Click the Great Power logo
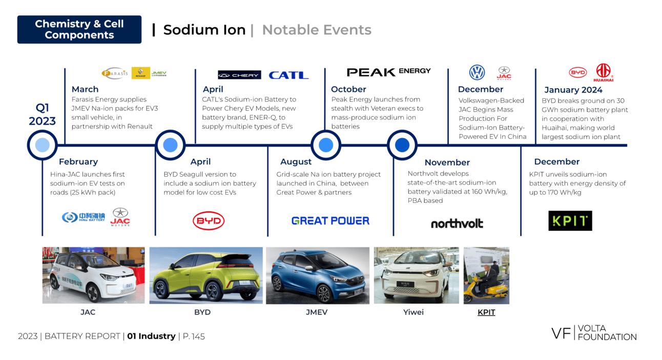click(x=330, y=221)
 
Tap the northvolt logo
click(x=457, y=224)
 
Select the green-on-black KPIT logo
click(x=570, y=221)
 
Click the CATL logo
click(x=289, y=75)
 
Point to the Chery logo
click(x=239, y=75)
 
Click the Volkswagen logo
click(x=477, y=72)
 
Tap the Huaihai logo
click(x=603, y=73)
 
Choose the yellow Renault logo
click(x=141, y=73)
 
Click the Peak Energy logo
click(x=388, y=72)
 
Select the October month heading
click(x=348, y=89)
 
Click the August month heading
click(x=296, y=162)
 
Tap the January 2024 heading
click(x=573, y=90)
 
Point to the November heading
click(x=447, y=162)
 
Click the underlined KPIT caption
click(x=486, y=312)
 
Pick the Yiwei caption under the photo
click(x=413, y=312)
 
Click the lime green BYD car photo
click(x=206, y=276)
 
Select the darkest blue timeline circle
click(x=402, y=145)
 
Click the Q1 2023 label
click(x=42, y=114)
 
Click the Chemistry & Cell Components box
click(x=79, y=30)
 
